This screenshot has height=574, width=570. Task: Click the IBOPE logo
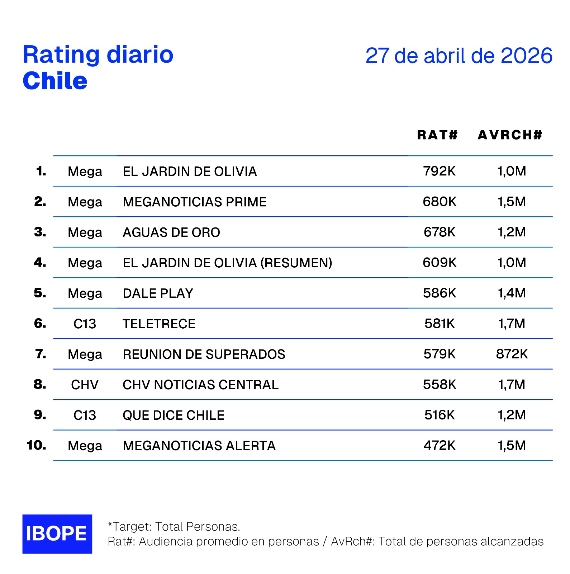tap(57, 534)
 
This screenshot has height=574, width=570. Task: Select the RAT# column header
tap(437, 135)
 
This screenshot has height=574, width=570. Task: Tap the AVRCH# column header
tap(510, 135)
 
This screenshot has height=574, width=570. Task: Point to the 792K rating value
tap(439, 171)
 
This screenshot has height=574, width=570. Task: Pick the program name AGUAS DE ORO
tap(171, 232)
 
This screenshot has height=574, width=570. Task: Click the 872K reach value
tap(512, 354)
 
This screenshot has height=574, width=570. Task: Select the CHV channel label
tap(85, 385)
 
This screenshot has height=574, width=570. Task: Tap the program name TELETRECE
tap(159, 324)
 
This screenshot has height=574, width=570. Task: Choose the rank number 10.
tap(36, 445)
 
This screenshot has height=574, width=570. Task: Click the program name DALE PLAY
tap(158, 293)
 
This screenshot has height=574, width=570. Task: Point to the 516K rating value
tap(439, 415)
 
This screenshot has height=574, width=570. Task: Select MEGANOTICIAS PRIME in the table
tap(194, 202)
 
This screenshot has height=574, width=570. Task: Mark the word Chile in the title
tap(55, 81)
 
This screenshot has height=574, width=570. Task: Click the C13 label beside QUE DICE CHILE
tap(85, 415)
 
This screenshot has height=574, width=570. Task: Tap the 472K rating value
tap(439, 446)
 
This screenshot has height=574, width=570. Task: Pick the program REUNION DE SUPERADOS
tap(204, 354)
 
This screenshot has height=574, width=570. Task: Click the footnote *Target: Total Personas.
tap(174, 526)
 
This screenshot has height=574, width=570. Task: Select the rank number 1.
tap(41, 171)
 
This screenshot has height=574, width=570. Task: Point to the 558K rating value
tap(439, 385)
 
